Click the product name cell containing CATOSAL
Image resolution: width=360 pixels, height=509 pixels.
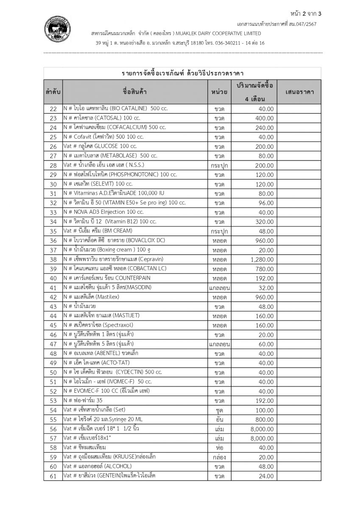click(x=101, y=118)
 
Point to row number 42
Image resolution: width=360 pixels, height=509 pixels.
click(x=53, y=297)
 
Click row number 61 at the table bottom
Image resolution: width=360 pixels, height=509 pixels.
click(x=53, y=476)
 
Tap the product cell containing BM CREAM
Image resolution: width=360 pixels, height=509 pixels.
click(x=98, y=231)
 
